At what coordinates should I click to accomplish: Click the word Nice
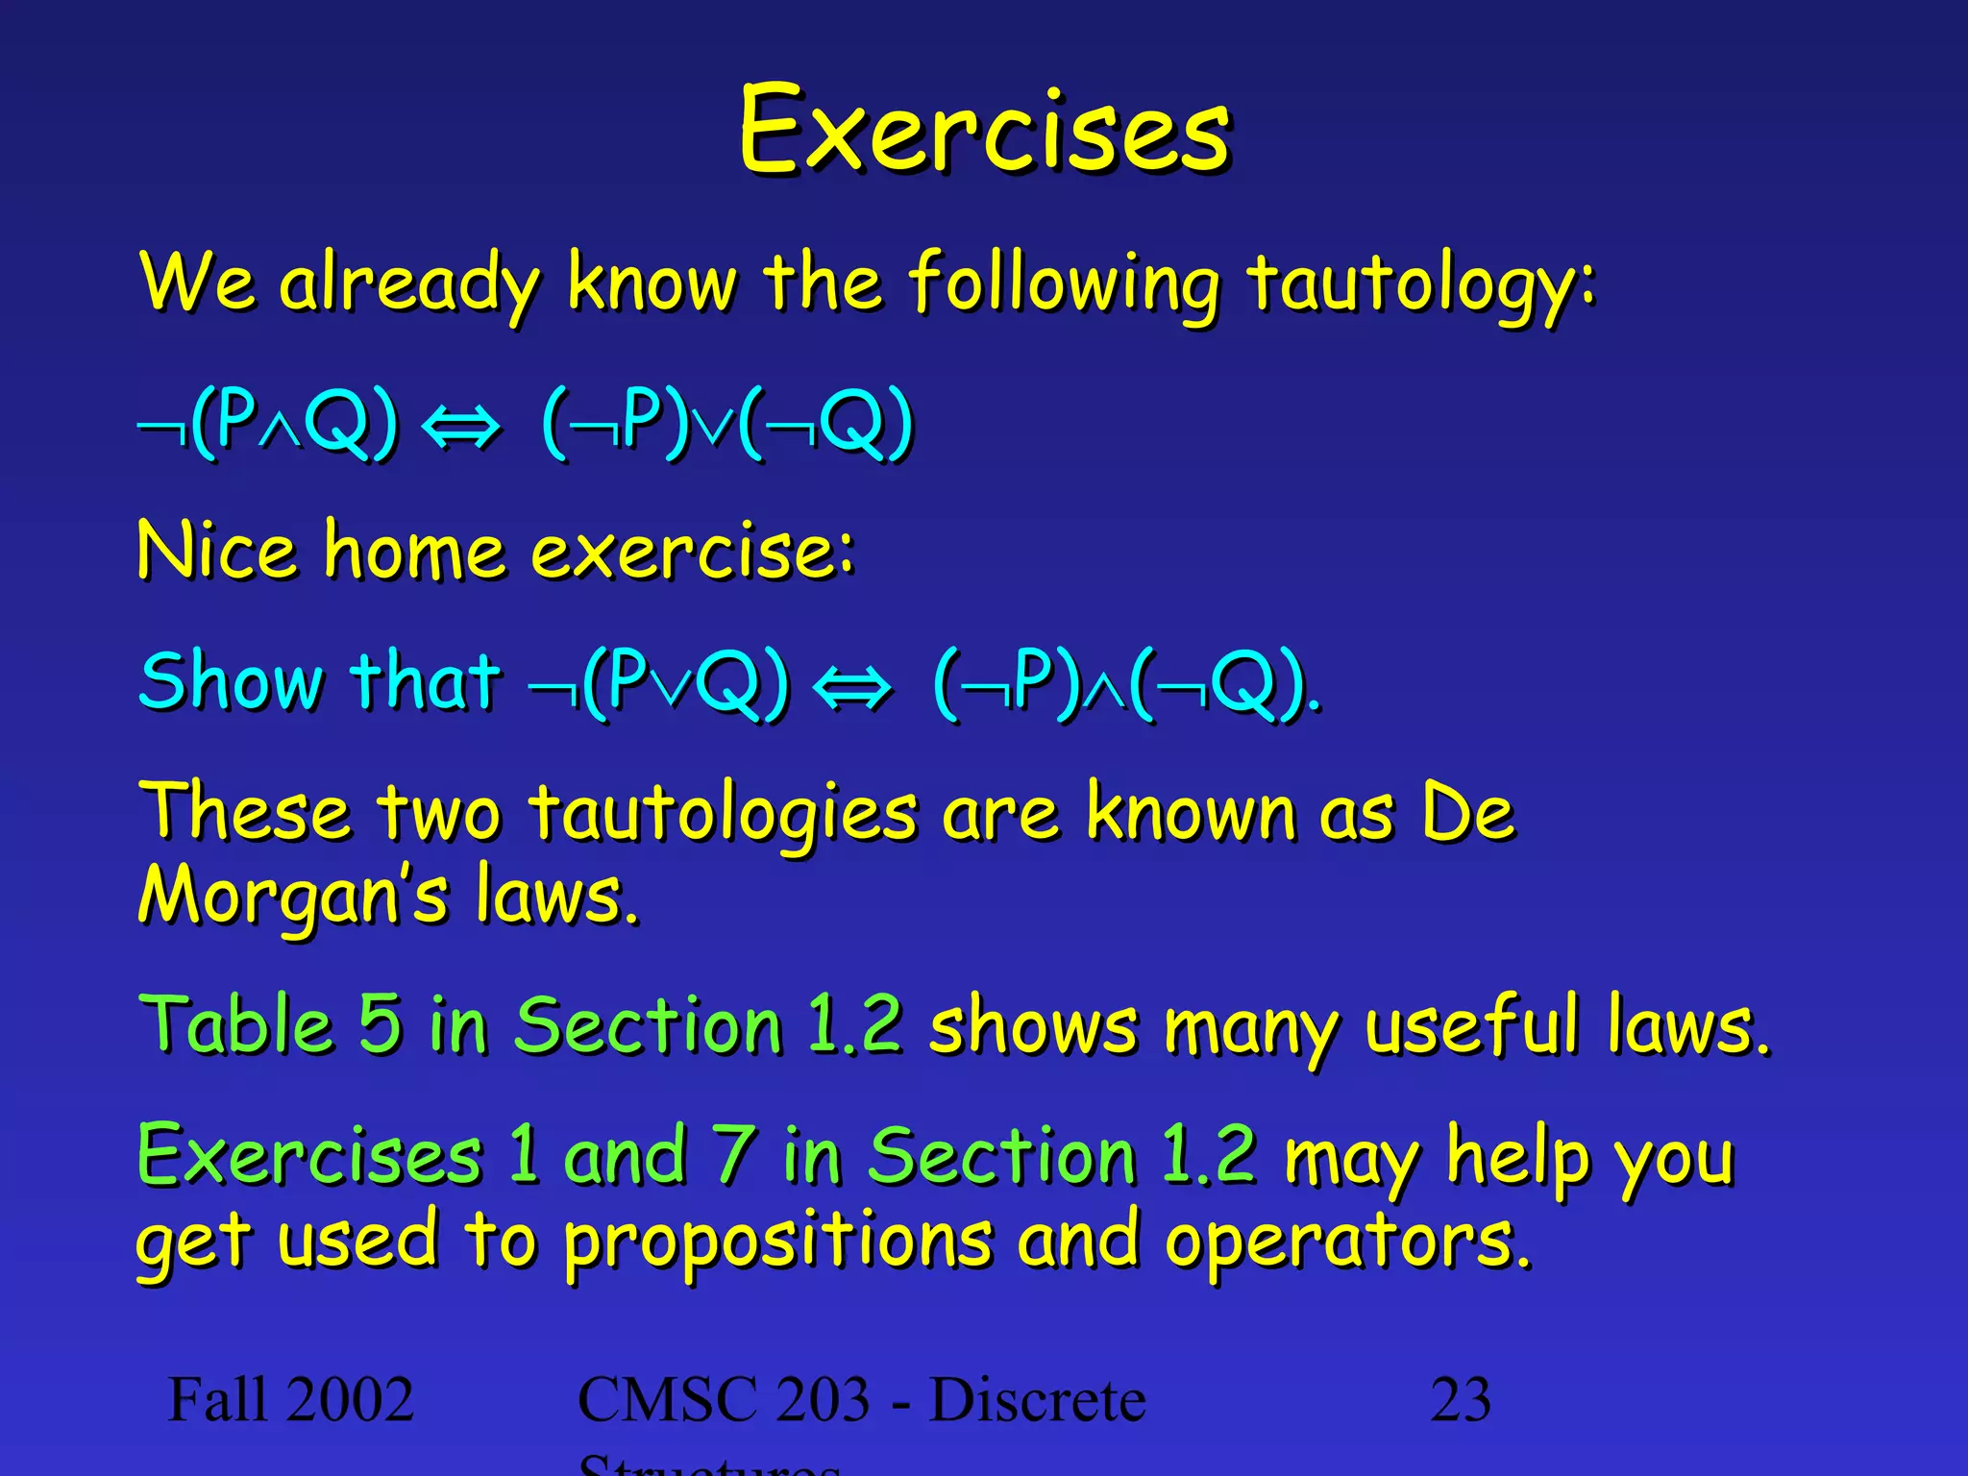(x=217, y=551)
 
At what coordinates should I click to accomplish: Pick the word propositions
(x=776, y=1242)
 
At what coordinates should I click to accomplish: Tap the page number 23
(x=1461, y=1399)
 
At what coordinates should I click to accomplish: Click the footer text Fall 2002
(x=290, y=1399)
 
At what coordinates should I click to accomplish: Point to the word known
(x=1192, y=812)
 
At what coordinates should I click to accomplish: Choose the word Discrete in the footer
(x=1038, y=1399)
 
